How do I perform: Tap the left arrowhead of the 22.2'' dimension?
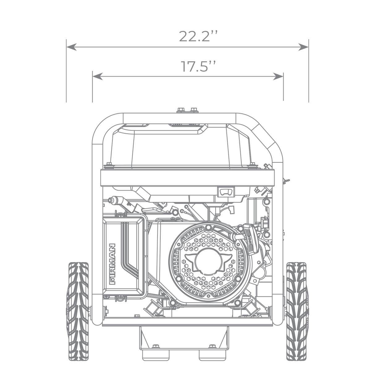pyautogui.click(x=71, y=47)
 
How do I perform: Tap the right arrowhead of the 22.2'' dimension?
pyautogui.click(x=303, y=47)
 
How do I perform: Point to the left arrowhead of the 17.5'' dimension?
pyautogui.click(x=98, y=77)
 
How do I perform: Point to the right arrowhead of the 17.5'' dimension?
pyautogui.click(x=278, y=77)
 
